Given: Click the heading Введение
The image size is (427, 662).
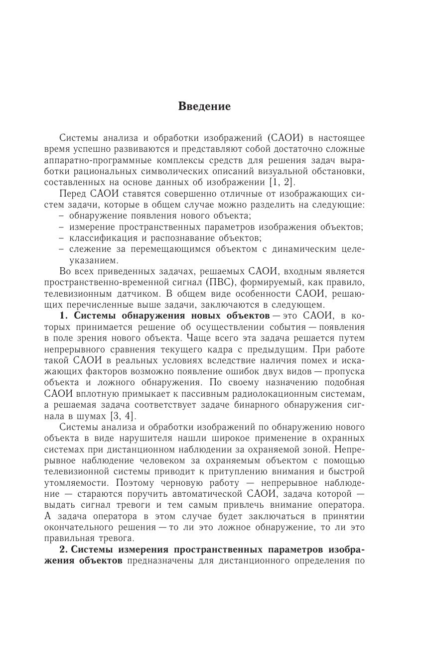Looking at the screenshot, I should coord(204,107).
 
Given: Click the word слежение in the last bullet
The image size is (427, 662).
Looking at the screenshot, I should coord(88,249).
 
